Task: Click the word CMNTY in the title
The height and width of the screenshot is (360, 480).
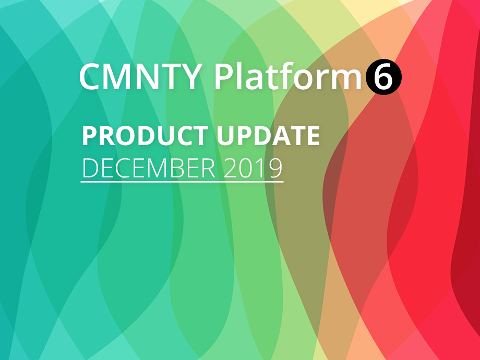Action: [140, 77]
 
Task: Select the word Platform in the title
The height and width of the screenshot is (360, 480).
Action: [289, 75]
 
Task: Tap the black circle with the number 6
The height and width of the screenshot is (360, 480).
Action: [383, 77]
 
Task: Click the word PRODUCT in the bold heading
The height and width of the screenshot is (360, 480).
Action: [146, 136]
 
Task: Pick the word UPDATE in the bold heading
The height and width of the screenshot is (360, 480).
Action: [269, 136]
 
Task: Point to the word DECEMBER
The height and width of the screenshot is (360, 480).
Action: [149, 168]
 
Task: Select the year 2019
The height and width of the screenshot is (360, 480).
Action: [253, 168]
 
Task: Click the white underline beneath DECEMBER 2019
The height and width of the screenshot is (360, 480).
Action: [182, 182]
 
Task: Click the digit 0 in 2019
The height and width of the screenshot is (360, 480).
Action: [246, 168]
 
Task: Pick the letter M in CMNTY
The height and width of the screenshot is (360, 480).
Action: [118, 77]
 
